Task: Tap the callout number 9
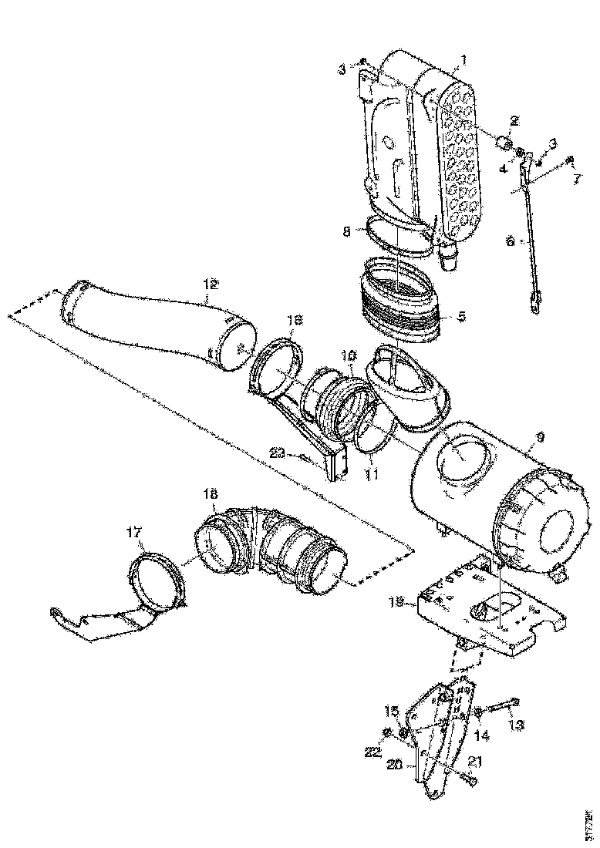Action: point(539,436)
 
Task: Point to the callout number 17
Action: point(135,531)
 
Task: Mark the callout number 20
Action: point(395,764)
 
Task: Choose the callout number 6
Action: point(509,241)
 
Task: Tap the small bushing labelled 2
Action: point(505,143)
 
